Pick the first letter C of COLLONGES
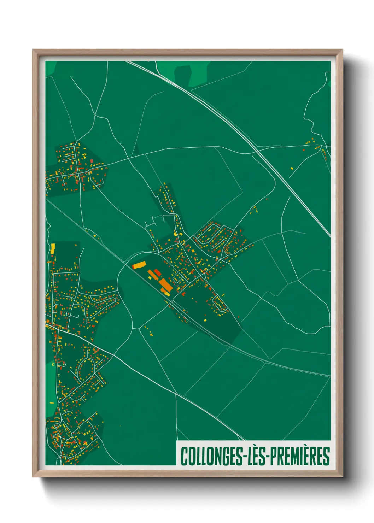click(x=184, y=456)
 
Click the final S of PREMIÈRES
click(x=326, y=456)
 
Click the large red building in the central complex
click(x=157, y=272)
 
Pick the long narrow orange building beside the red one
click(x=152, y=275)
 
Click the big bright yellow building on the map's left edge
click(x=53, y=248)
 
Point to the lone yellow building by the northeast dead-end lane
click(x=292, y=168)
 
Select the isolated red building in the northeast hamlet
click(x=304, y=150)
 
